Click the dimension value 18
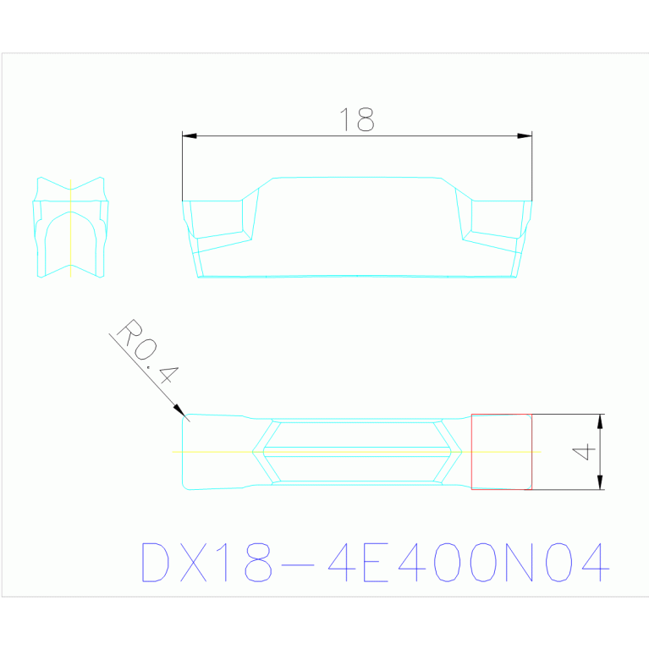pos(357,119)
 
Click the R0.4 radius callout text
pos(148,351)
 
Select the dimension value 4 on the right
pos(584,452)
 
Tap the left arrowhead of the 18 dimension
pos(190,135)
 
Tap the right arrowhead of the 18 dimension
pos(525,135)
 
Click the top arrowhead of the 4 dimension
pos(600,421)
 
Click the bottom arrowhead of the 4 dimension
pos(600,482)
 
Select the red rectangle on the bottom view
pos(502,415)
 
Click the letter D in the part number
pos(155,562)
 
